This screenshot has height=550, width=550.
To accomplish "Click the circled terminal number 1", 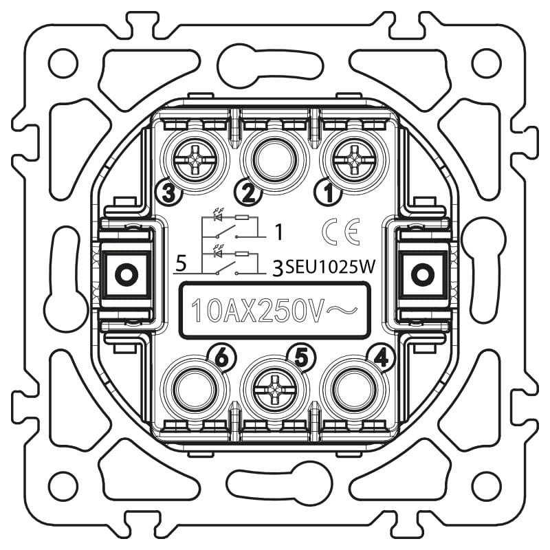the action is pos(329,193).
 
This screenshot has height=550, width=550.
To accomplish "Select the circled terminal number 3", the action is pos(168,193).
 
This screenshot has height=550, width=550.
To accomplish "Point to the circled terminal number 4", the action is pos(381,358).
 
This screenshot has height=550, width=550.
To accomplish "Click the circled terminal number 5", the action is pos(302,358).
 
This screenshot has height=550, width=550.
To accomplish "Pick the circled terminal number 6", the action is pos(222,358).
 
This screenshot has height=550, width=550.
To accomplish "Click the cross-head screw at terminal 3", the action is pos(195,160).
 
